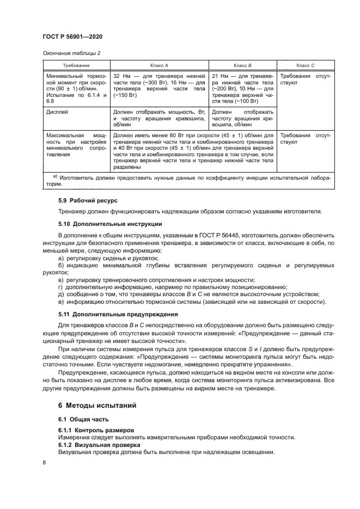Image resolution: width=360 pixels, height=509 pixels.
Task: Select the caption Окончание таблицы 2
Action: click(x=71, y=53)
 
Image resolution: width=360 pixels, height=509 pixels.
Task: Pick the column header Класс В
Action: click(x=242, y=65)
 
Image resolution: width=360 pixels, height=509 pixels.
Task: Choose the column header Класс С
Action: click(x=306, y=65)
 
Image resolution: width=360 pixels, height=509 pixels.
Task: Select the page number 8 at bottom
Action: click(x=44, y=463)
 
